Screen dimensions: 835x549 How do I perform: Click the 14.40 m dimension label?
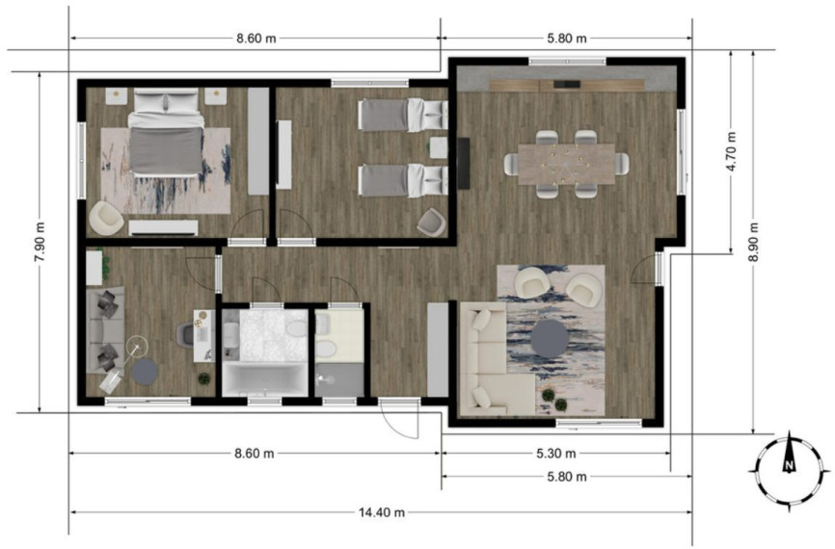(x=381, y=512)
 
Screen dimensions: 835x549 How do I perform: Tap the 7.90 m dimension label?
(x=40, y=242)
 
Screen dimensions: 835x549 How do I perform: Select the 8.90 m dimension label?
(x=753, y=242)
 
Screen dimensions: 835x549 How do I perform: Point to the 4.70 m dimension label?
(x=731, y=151)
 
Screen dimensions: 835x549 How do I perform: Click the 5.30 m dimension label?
(x=555, y=454)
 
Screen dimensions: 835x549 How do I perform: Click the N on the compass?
(x=790, y=466)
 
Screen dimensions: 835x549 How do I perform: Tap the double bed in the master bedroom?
(x=166, y=133)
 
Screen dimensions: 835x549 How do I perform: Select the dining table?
(x=566, y=164)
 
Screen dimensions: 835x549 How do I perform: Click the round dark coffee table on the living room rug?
(x=550, y=339)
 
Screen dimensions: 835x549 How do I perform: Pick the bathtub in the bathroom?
(x=264, y=379)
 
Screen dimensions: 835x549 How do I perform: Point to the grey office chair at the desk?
(x=185, y=335)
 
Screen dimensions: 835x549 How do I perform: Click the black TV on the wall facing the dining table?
(x=463, y=164)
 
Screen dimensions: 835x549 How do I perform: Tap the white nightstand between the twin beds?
(x=439, y=148)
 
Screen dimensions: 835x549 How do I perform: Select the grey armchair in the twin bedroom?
(x=431, y=222)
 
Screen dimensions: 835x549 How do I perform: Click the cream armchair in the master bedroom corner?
(x=106, y=218)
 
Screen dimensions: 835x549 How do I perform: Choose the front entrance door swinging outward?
(x=399, y=418)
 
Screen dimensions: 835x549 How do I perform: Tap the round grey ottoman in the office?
(x=145, y=372)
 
